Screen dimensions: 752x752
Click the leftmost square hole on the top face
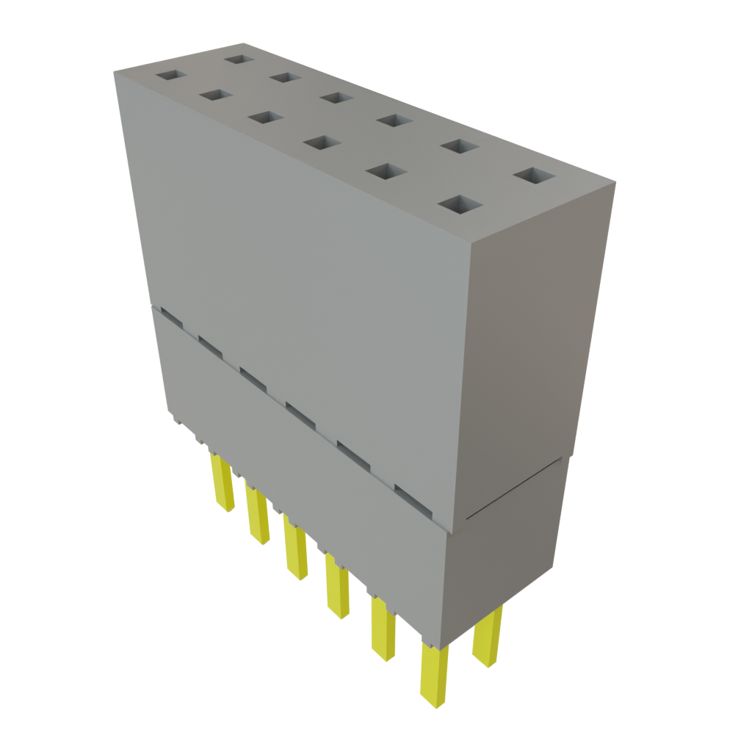pyautogui.click(x=171, y=75)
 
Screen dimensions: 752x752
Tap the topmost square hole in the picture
pyautogui.click(x=237, y=58)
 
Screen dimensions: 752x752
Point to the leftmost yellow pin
pyautogui.click(x=222, y=480)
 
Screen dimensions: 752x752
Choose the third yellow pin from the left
pyautogui.click(x=295, y=551)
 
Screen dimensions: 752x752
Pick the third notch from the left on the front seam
pyautogui.click(x=253, y=378)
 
